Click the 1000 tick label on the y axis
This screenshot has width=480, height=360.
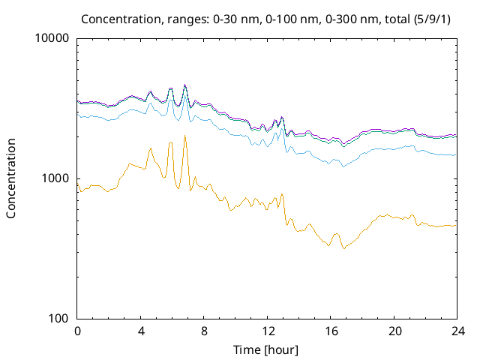click(x=57, y=178)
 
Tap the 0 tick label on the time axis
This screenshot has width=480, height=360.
click(x=77, y=331)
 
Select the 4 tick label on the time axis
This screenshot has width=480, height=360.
click(x=141, y=331)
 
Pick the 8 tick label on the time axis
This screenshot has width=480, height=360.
click(x=204, y=331)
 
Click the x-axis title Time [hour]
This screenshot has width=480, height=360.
click(x=267, y=349)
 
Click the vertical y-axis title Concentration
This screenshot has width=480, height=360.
click(x=11, y=178)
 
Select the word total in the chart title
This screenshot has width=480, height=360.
click(x=394, y=18)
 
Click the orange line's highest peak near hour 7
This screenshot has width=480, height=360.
click(x=184, y=136)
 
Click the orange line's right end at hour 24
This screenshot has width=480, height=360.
click(x=456, y=226)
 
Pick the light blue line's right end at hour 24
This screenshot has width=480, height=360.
click(x=456, y=155)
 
